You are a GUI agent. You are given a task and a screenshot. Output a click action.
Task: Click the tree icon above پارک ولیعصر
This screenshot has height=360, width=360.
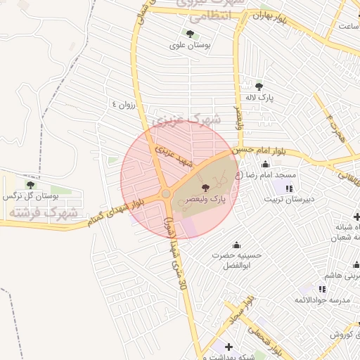pos(205,188)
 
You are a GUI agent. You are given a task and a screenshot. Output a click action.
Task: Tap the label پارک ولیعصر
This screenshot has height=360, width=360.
pos(205,200)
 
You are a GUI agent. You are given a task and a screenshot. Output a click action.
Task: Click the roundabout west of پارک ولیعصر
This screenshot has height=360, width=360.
pos(166,193)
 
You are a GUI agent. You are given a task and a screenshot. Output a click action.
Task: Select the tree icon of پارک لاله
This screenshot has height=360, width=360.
pos(259,86)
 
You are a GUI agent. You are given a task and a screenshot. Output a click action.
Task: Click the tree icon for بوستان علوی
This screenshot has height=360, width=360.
pos(190,33)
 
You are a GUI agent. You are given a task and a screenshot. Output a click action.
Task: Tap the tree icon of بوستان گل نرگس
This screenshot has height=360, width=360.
pos(30,184)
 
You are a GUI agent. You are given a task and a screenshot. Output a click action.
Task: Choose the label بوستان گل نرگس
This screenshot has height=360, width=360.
pos(29,196)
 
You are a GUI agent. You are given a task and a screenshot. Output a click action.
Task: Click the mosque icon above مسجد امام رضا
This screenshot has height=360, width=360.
pos(265,164)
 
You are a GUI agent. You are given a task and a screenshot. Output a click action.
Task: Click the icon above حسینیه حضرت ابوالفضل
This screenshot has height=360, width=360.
pos(237,245)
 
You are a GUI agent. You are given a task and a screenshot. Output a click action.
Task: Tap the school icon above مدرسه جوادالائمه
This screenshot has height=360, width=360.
pos(321,289)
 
